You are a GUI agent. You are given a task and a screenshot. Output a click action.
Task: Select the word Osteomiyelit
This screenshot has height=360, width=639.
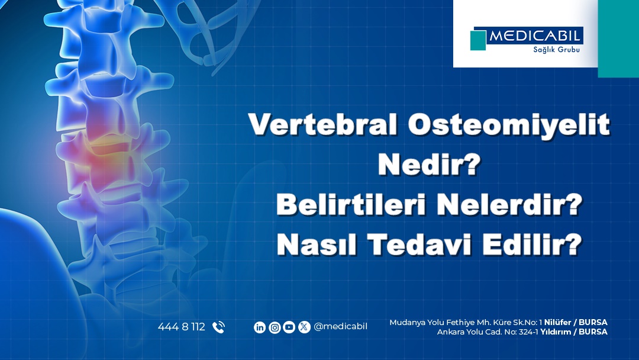tap(509, 125)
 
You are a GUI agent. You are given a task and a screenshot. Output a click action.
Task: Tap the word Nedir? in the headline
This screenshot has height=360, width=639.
tap(429, 164)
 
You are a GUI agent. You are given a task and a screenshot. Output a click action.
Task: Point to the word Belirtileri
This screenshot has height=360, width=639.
tap(351, 204)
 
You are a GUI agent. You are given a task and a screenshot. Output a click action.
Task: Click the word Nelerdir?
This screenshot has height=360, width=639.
tap(509, 204)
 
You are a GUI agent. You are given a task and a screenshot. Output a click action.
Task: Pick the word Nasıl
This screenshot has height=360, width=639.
tap(317, 244)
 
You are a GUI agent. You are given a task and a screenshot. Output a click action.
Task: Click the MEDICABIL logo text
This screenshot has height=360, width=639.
tap(534, 36)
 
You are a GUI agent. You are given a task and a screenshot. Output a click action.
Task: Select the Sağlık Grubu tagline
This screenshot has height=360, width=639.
tap(556, 50)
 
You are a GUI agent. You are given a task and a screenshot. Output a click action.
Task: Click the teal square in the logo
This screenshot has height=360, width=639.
tap(478, 40)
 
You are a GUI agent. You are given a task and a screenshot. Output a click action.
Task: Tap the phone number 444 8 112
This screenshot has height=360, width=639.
tap(182, 327)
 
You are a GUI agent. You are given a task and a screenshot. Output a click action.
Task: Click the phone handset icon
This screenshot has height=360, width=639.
tap(218, 327)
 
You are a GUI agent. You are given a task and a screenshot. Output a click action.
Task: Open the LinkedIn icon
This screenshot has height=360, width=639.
tap(260, 327)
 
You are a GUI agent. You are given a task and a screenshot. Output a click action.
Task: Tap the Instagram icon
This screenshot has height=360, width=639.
tap(275, 327)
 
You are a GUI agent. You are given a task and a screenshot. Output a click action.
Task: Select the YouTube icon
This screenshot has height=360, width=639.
tap(289, 327)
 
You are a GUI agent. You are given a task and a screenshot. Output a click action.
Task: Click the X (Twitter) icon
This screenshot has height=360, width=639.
tap(304, 327)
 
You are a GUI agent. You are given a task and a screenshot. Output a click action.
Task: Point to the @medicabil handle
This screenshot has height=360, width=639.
tap(341, 327)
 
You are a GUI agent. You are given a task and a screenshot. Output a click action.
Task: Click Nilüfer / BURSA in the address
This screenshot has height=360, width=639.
tap(576, 323)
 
